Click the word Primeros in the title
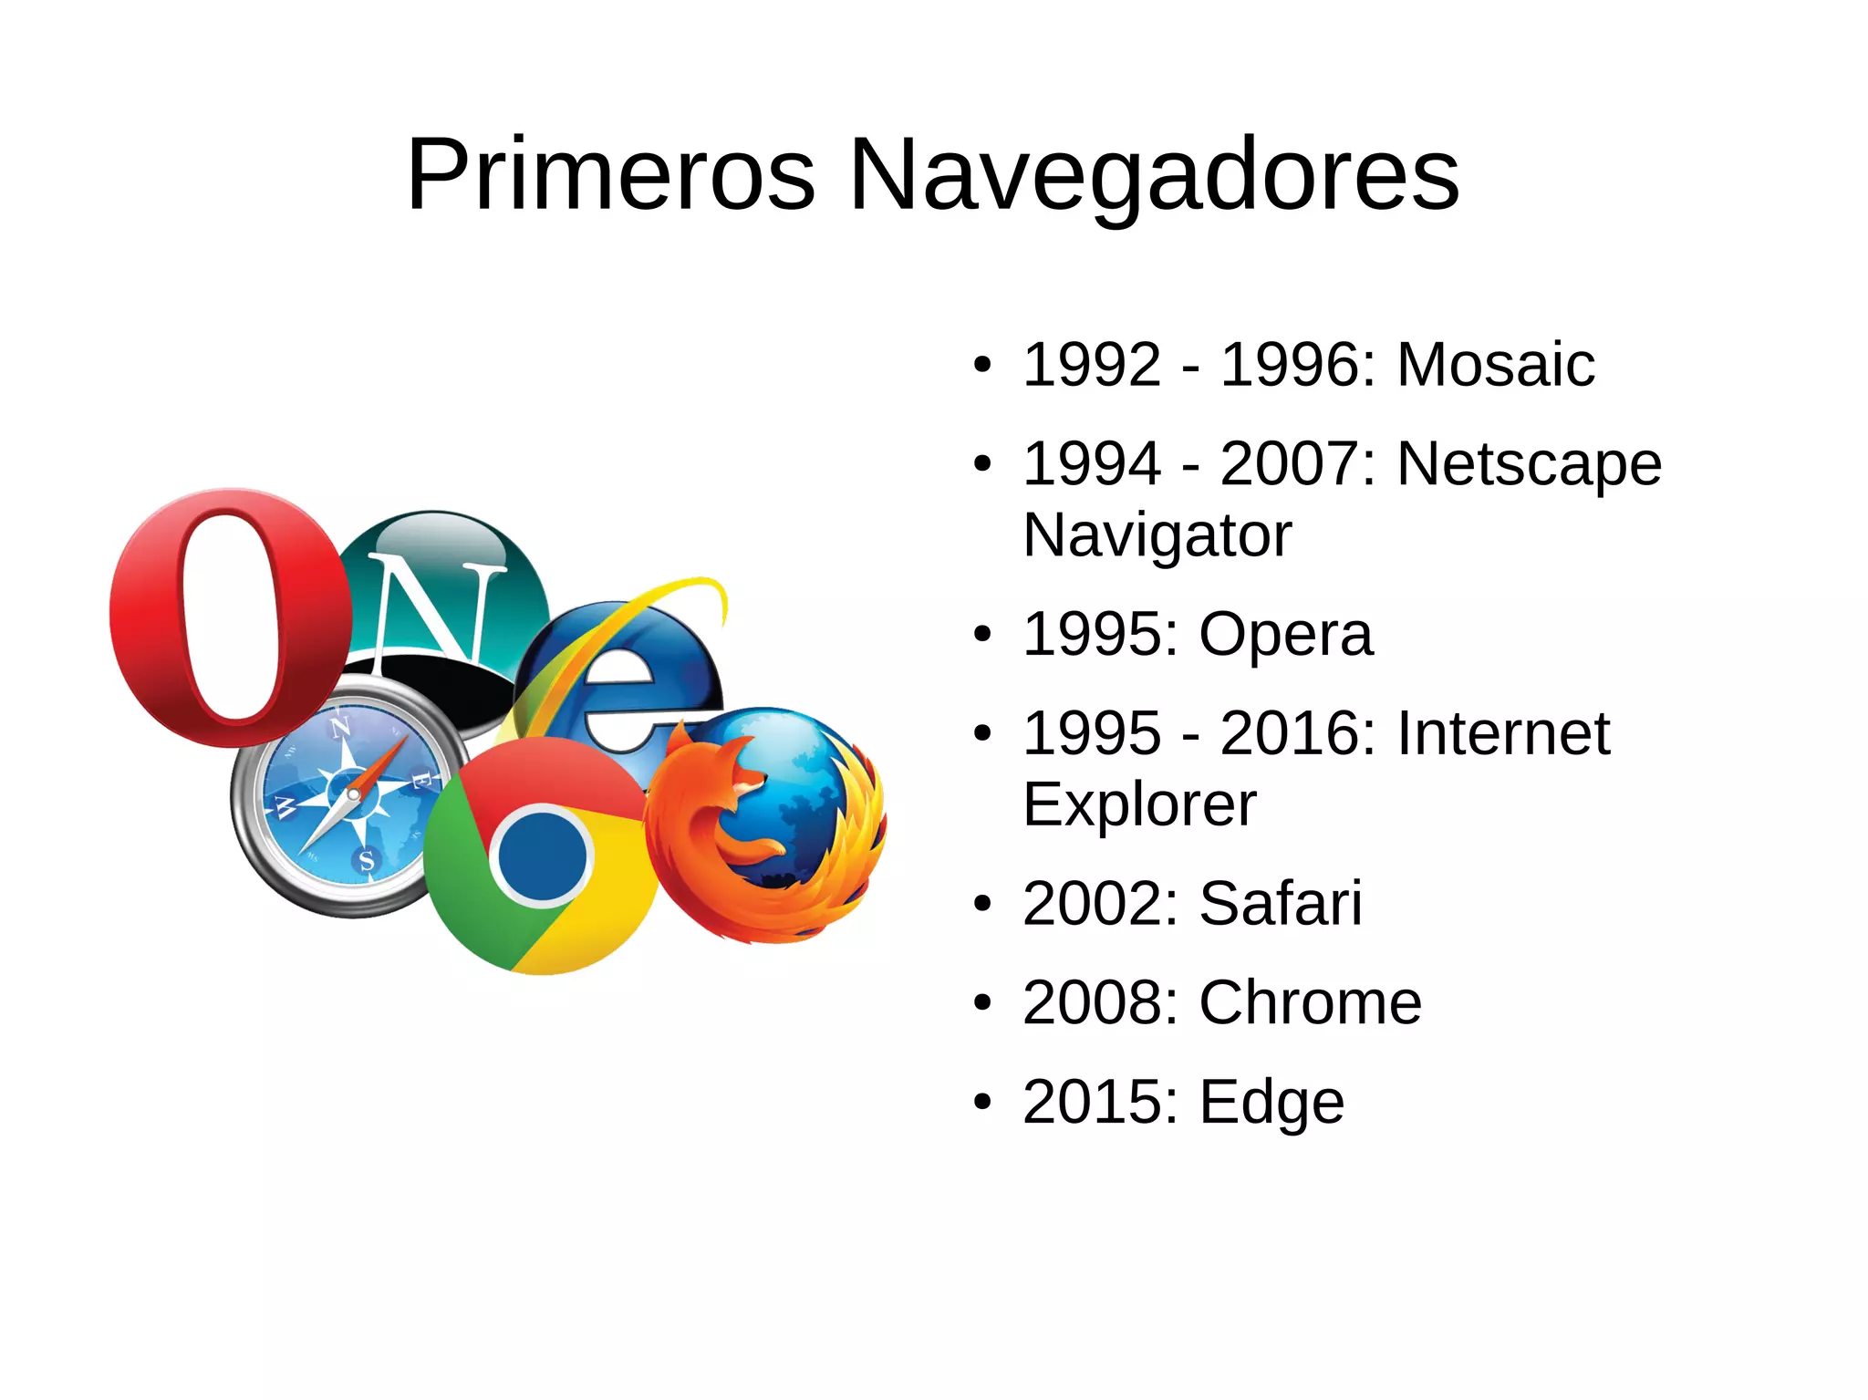[x=610, y=175]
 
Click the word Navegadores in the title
[x=1154, y=175]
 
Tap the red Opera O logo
[x=228, y=617]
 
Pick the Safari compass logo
[x=351, y=798]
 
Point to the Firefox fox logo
[x=766, y=825]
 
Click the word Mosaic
[x=1496, y=365]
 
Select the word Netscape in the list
[x=1530, y=464]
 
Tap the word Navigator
[x=1157, y=535]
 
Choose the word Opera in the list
[x=1285, y=634]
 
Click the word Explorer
[x=1139, y=804]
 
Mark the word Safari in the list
[x=1281, y=904]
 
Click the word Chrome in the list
[x=1310, y=1002]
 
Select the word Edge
[x=1271, y=1103]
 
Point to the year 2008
[x=1092, y=1002]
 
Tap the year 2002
[x=1092, y=904]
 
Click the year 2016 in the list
[x=1289, y=733]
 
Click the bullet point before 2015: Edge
[x=981, y=1102]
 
